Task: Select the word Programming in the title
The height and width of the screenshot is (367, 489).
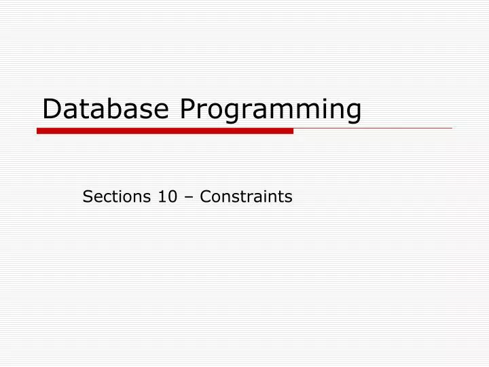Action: tap(270, 111)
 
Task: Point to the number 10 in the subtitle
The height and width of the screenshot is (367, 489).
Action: tap(166, 197)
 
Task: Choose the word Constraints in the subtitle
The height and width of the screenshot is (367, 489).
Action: tap(247, 197)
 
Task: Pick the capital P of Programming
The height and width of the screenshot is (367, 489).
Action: tap(187, 109)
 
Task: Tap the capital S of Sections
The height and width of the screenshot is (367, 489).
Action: tap(87, 197)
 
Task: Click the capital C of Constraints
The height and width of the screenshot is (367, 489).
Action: tap(205, 197)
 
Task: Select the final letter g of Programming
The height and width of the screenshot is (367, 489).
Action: tap(352, 113)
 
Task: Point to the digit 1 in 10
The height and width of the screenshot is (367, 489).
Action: tap(162, 197)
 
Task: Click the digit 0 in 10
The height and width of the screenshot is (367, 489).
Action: tap(171, 197)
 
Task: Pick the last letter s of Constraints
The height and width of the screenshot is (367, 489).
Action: tap(289, 198)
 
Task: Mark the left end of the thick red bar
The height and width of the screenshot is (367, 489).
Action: tap(38, 130)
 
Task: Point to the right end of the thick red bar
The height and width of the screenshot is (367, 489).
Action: tap(292, 130)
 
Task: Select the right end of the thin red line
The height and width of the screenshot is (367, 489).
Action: tap(451, 128)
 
